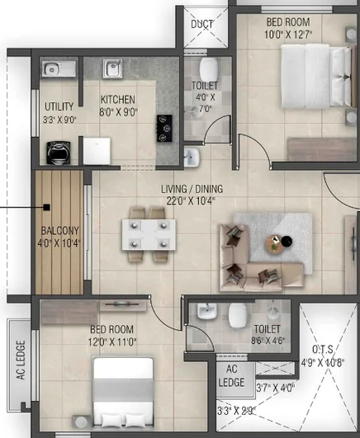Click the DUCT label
pyautogui.click(x=202, y=24)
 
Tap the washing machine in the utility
pyautogui.click(x=59, y=153)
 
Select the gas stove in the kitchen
pyautogui.click(x=164, y=128)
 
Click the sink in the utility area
pyautogui.click(x=59, y=68)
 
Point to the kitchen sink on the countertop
pyautogui.click(x=112, y=68)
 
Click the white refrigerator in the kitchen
pyautogui.click(x=97, y=151)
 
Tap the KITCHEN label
pyautogui.click(x=118, y=100)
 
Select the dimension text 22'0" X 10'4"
pyautogui.click(x=191, y=200)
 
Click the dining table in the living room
pyautogui.click(x=149, y=234)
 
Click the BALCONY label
pyautogui.click(x=60, y=231)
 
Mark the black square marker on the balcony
pyautogui.click(x=47, y=207)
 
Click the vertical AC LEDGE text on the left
pyautogui.click(x=21, y=360)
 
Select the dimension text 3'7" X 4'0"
pyautogui.click(x=276, y=388)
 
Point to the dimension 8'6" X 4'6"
pyautogui.click(x=268, y=341)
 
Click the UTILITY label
pyautogui.click(x=59, y=106)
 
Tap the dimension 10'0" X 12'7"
pyautogui.click(x=288, y=35)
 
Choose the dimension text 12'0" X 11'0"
pyautogui.click(x=112, y=342)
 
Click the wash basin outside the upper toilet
pyautogui.click(x=192, y=157)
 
